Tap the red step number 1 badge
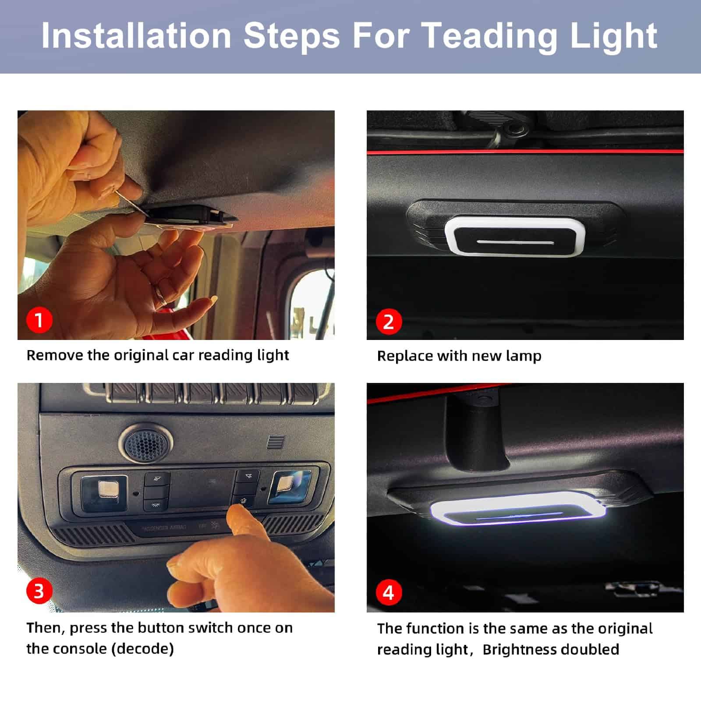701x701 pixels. click(x=39, y=320)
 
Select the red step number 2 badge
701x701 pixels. click(x=389, y=322)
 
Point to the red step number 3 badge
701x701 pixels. click(x=39, y=591)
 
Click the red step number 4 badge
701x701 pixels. click(x=389, y=592)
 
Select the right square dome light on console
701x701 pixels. click(x=290, y=487)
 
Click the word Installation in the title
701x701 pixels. click(x=136, y=35)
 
